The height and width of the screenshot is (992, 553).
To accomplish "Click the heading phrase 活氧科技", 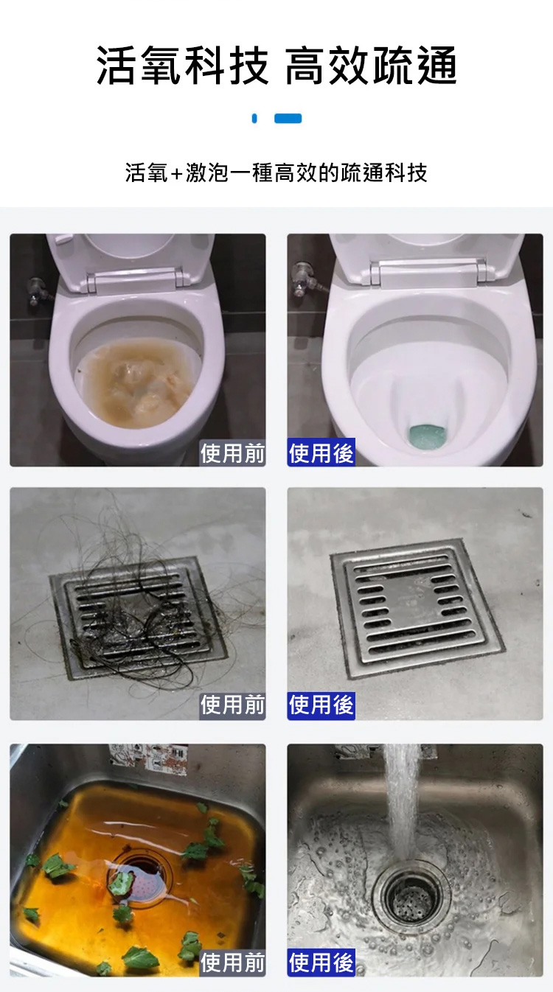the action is pyautogui.click(x=183, y=65).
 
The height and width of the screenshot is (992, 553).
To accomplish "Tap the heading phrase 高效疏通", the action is pyautogui.click(x=370, y=65).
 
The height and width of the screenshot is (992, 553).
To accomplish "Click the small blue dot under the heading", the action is pyautogui.click(x=254, y=118).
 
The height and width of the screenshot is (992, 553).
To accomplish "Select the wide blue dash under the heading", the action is pyautogui.click(x=288, y=118).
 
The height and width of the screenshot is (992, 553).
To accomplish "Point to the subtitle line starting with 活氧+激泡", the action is pyautogui.click(x=276, y=172).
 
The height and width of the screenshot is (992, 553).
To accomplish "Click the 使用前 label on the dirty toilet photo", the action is pyautogui.click(x=232, y=453).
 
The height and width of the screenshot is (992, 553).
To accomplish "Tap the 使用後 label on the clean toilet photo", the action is pyautogui.click(x=321, y=453).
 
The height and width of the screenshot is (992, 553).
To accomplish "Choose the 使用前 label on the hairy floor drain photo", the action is pyautogui.click(x=232, y=706).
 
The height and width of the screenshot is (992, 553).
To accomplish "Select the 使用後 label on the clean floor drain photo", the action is pyautogui.click(x=321, y=706).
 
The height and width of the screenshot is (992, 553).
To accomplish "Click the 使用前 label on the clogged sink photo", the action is pyautogui.click(x=232, y=962).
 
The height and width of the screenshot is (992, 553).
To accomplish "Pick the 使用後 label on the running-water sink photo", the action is pyautogui.click(x=321, y=962).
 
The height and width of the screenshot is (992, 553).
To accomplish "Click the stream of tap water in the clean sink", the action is pyautogui.click(x=402, y=802).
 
